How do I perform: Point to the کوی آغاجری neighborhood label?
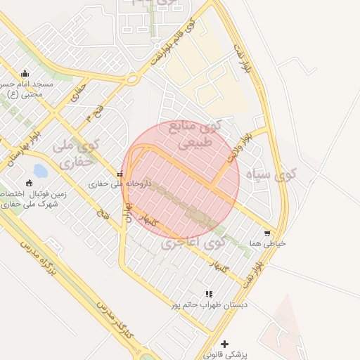click(x=191, y=243)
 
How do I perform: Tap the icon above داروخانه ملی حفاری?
click(x=120, y=174)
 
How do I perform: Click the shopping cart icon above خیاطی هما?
click(x=267, y=233)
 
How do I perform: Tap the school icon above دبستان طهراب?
click(x=208, y=294)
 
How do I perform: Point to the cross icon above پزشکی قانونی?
click(x=224, y=344)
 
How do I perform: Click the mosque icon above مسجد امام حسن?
click(x=25, y=73)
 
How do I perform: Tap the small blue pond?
click(x=40, y=171)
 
